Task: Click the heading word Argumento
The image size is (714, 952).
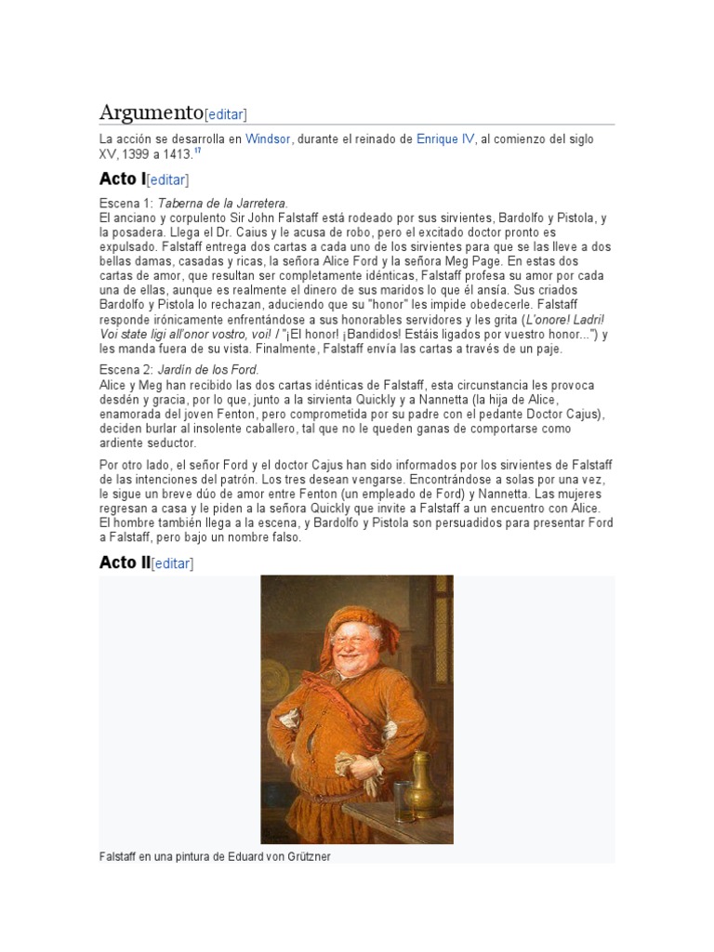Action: click(x=151, y=112)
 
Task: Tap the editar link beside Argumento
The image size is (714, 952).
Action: click(x=226, y=114)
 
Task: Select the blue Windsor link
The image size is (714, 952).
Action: click(x=269, y=139)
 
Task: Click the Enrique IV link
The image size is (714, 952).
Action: click(x=445, y=139)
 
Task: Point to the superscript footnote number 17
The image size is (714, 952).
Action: click(x=199, y=150)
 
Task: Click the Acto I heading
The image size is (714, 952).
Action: click(x=122, y=178)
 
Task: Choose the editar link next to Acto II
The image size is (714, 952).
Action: click(x=172, y=563)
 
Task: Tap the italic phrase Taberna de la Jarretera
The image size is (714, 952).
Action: click(x=223, y=203)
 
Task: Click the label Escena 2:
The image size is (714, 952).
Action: click(x=126, y=369)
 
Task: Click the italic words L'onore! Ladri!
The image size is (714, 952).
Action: click(x=565, y=319)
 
